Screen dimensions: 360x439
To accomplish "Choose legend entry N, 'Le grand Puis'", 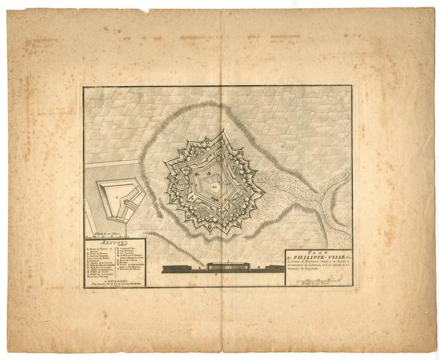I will [x=129, y=249].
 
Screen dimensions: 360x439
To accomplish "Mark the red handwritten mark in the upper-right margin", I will [x=355, y=65].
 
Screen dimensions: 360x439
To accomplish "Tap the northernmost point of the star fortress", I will [x=220, y=132].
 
